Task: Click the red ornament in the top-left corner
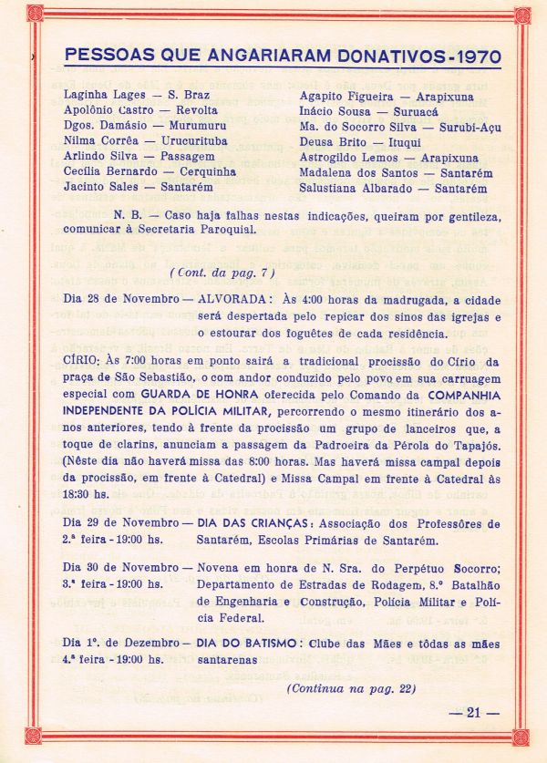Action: (x=35, y=14)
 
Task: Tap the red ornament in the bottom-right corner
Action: (x=521, y=736)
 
